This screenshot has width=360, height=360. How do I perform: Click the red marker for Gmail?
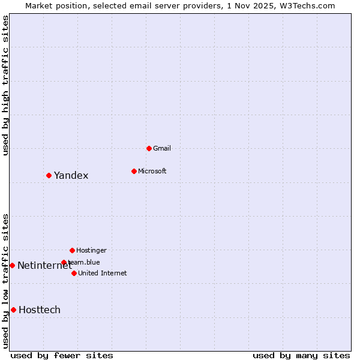tap(149, 148)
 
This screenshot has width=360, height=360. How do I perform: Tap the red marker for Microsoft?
tap(134, 171)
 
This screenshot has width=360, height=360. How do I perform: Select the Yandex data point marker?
tap(49, 175)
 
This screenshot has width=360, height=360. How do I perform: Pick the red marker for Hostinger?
tap(72, 250)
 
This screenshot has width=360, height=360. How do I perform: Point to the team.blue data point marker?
tap(64, 262)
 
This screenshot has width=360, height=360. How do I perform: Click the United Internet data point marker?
tap(74, 273)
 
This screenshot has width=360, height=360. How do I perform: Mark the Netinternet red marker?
tap(12, 265)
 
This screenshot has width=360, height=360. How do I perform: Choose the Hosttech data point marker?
tap(13, 310)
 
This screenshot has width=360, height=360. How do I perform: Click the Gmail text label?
tap(162, 148)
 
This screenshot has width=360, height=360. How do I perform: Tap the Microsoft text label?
tap(152, 171)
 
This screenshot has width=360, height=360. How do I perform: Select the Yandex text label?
tap(71, 176)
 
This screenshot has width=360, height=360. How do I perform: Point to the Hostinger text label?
tap(91, 250)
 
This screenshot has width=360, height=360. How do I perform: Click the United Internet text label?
tap(103, 273)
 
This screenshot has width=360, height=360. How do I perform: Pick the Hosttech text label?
tap(40, 310)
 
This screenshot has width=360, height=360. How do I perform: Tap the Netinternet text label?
tap(44, 265)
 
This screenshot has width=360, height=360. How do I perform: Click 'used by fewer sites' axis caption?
tap(62, 355)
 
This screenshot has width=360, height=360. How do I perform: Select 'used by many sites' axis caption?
tap(301, 355)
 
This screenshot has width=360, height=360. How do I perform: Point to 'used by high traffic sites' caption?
tap(6, 85)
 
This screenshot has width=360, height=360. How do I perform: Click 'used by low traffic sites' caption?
tap(6, 281)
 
